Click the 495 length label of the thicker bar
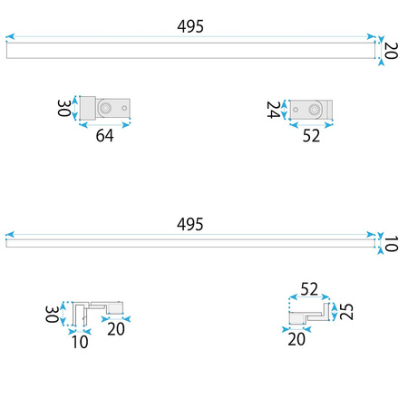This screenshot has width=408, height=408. click(190, 26)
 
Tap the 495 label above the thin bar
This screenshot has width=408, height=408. click(190, 224)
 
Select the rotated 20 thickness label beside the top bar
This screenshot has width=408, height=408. click(391, 51)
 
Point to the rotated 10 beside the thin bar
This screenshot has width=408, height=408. click(391, 244)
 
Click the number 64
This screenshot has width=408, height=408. click(105, 135)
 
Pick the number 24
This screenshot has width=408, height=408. click(274, 110)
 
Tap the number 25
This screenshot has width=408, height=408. click(346, 312)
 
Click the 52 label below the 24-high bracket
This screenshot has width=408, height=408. click(311, 136)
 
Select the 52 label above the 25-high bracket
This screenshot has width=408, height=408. click(309, 289)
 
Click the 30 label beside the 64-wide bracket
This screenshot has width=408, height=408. click(64, 108)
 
